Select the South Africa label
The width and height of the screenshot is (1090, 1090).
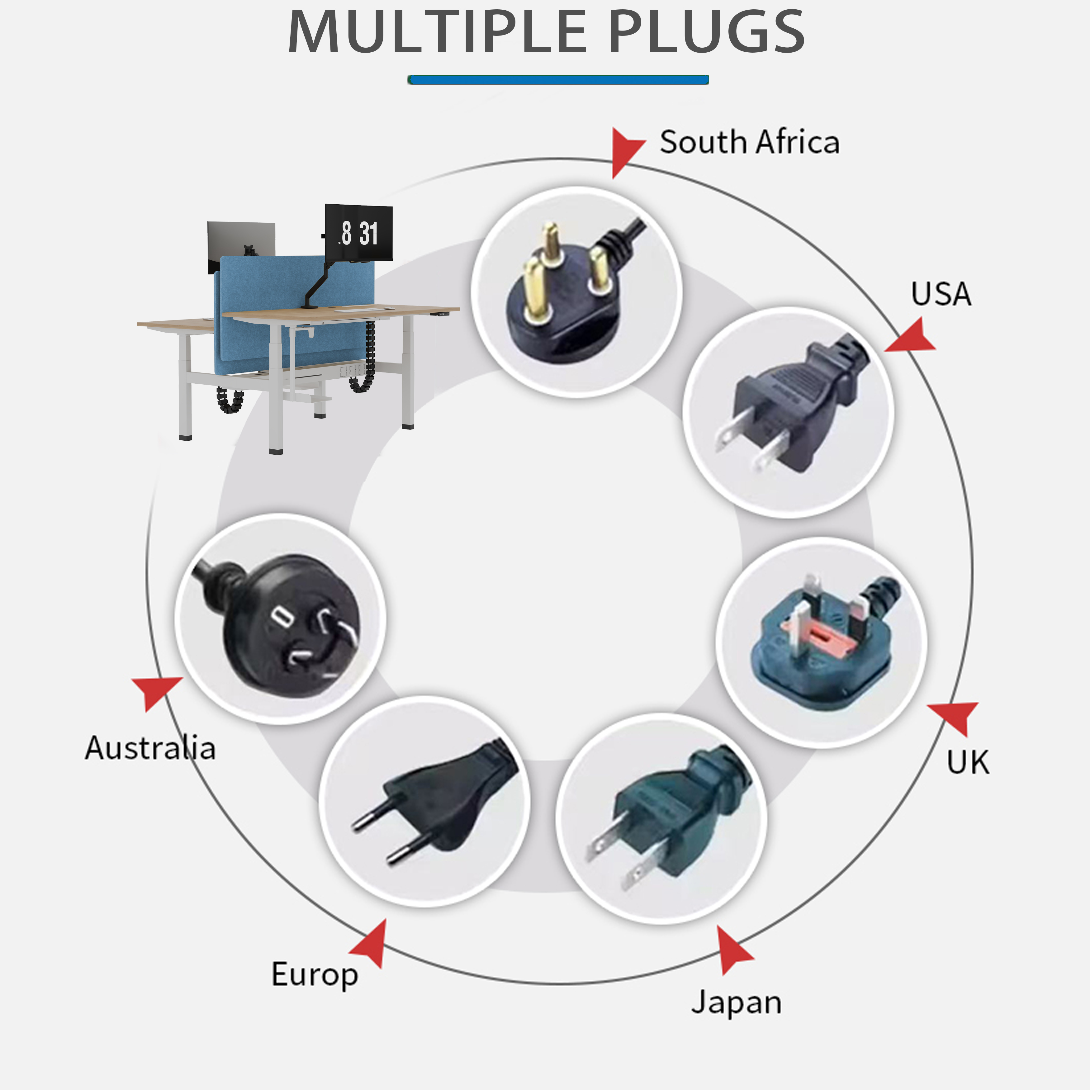point(750,142)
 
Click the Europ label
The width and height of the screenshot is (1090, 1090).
point(315,974)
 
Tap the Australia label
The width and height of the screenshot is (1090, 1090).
point(150,748)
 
